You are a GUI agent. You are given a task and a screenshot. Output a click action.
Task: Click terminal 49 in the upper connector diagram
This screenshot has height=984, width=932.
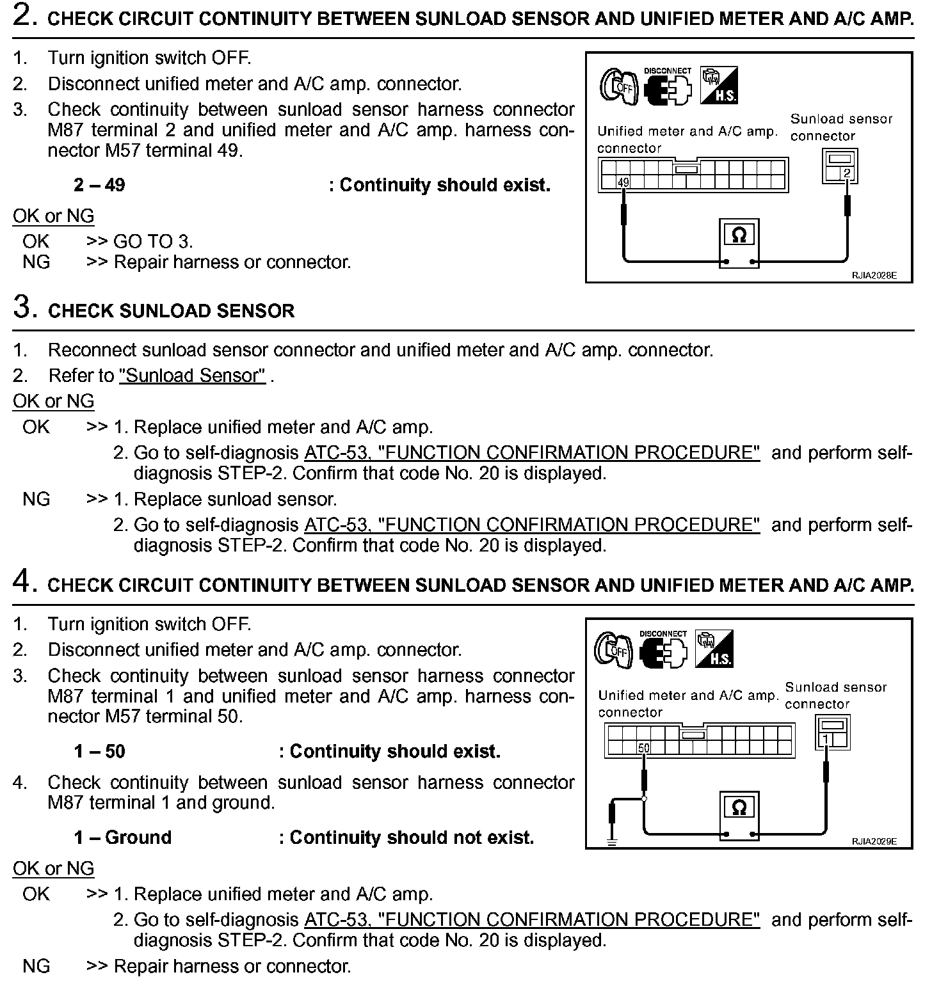pos(623,183)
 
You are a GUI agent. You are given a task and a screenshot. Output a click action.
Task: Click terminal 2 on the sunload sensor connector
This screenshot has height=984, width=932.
pos(847,173)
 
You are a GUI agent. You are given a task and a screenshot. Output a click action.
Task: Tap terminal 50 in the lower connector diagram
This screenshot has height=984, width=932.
pos(643,747)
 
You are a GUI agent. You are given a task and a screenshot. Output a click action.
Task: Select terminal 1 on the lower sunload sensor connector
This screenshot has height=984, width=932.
pos(826,740)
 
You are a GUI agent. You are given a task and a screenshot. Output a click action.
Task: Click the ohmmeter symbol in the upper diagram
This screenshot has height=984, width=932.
pos(739,235)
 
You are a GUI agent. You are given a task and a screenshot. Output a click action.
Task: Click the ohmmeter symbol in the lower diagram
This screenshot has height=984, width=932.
pos(739,807)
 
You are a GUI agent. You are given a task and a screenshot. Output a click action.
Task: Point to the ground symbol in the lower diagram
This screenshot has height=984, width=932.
pos(612,842)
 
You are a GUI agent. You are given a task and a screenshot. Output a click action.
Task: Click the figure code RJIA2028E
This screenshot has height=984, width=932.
pos(874,276)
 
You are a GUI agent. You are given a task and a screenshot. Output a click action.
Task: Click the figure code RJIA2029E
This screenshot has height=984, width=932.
pos(874,841)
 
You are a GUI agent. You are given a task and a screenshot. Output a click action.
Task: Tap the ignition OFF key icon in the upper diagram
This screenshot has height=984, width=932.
pos(618,86)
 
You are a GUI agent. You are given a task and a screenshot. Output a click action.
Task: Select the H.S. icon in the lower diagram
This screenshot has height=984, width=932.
pos(714,649)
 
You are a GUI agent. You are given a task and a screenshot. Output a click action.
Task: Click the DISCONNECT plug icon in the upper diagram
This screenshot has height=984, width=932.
pos(668,88)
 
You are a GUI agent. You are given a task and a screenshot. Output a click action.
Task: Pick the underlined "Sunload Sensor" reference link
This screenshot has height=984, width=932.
pos(192,376)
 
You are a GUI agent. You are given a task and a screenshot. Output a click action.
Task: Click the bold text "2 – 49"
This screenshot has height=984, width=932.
pos(99,186)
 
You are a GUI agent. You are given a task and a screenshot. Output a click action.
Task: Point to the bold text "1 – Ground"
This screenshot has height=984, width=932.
pos(122,837)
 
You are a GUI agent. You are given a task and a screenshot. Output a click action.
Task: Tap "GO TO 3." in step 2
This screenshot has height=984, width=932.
pos(153,241)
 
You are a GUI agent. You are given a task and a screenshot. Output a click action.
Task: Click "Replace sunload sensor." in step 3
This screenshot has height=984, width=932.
pos(235,499)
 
